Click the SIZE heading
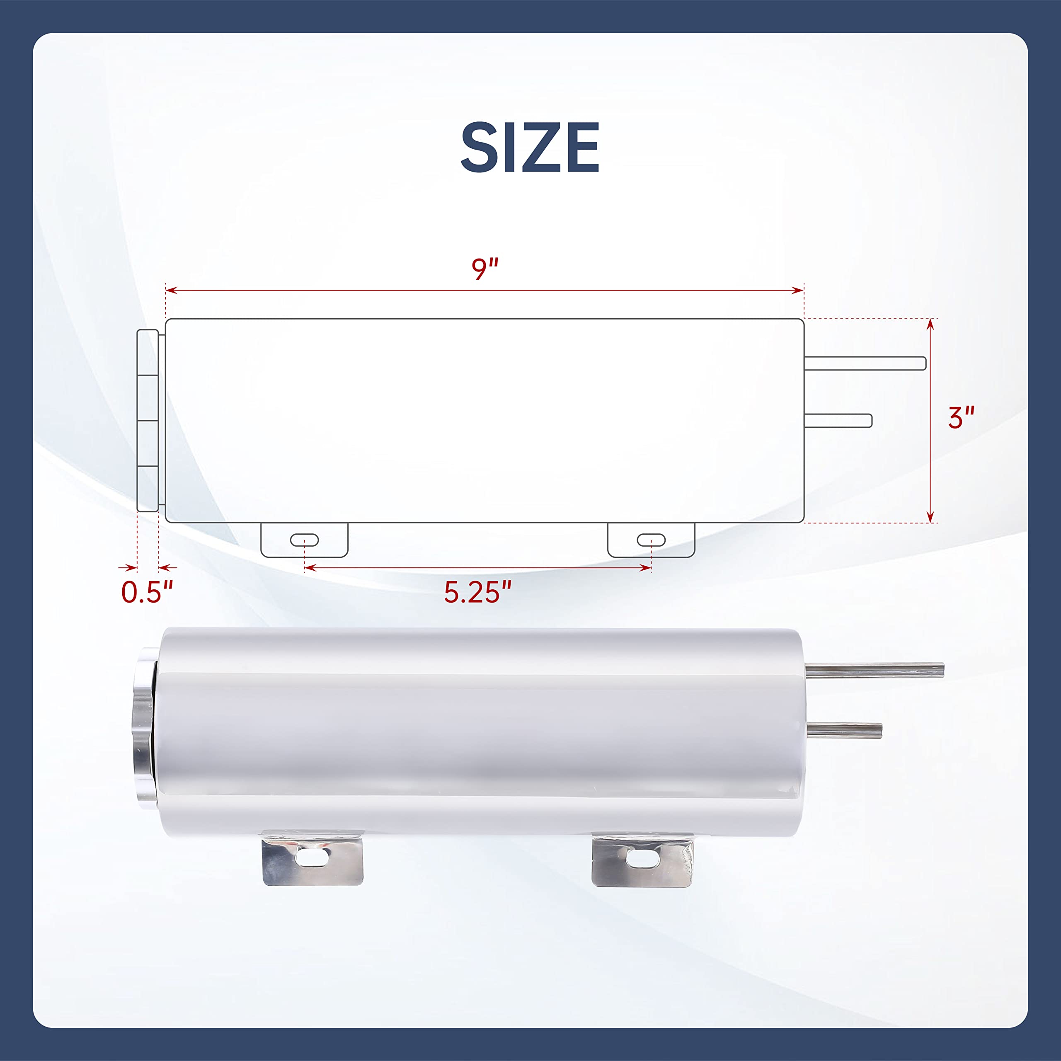pyautogui.click(x=530, y=147)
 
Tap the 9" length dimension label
pyautogui.click(x=485, y=269)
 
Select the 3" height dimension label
pyautogui.click(x=961, y=417)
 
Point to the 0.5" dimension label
pyautogui.click(x=147, y=592)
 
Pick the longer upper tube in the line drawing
pyautogui.click(x=865, y=363)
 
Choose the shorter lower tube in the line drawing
pyautogui.click(x=838, y=421)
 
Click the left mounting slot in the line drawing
pyautogui.click(x=304, y=540)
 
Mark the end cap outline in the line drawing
pyautogui.click(x=148, y=420)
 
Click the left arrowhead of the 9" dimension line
pyautogui.click(x=170, y=290)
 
